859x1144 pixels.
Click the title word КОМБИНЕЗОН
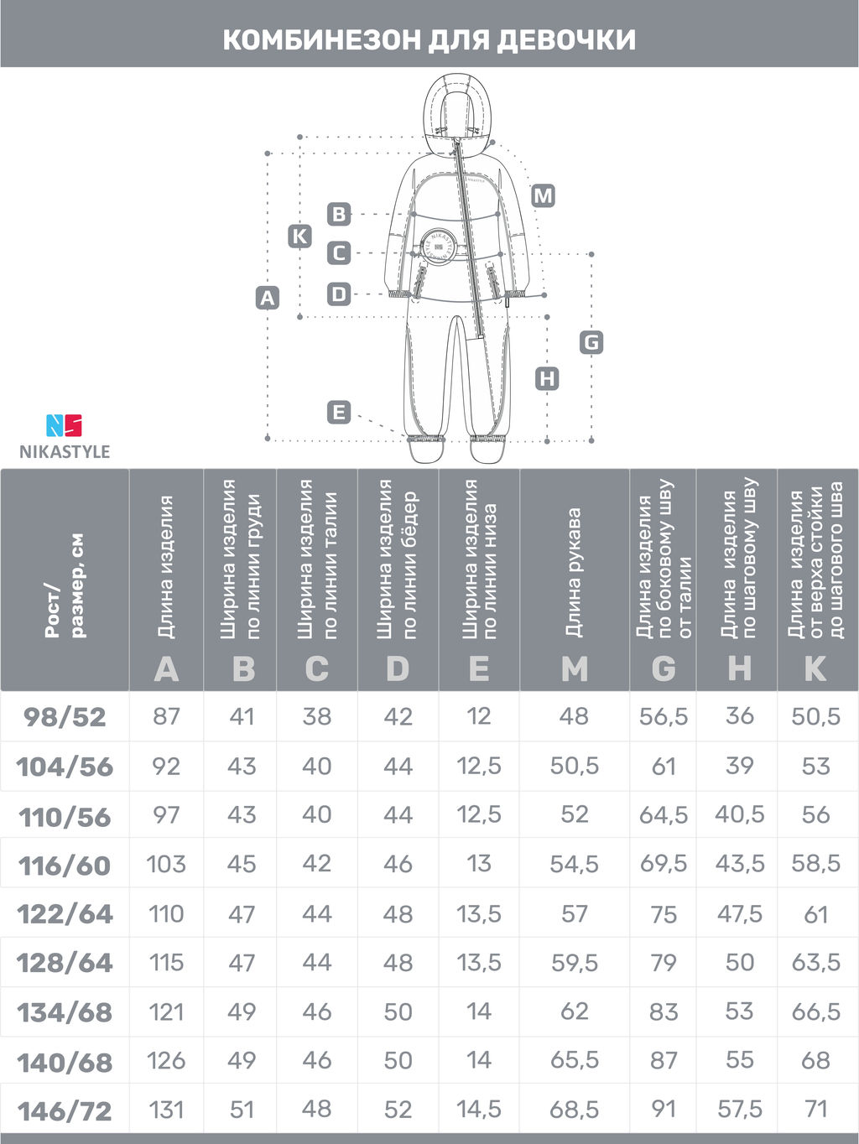tap(321, 40)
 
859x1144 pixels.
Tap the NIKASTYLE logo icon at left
tap(64, 425)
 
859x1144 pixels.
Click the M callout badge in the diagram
tap(543, 196)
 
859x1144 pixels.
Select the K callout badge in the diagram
tap(299, 237)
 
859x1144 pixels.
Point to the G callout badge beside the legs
tap(591, 342)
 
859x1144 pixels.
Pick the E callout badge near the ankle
tap(339, 413)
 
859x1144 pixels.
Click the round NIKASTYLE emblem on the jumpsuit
tap(436, 246)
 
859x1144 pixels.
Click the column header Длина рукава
tap(574, 572)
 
